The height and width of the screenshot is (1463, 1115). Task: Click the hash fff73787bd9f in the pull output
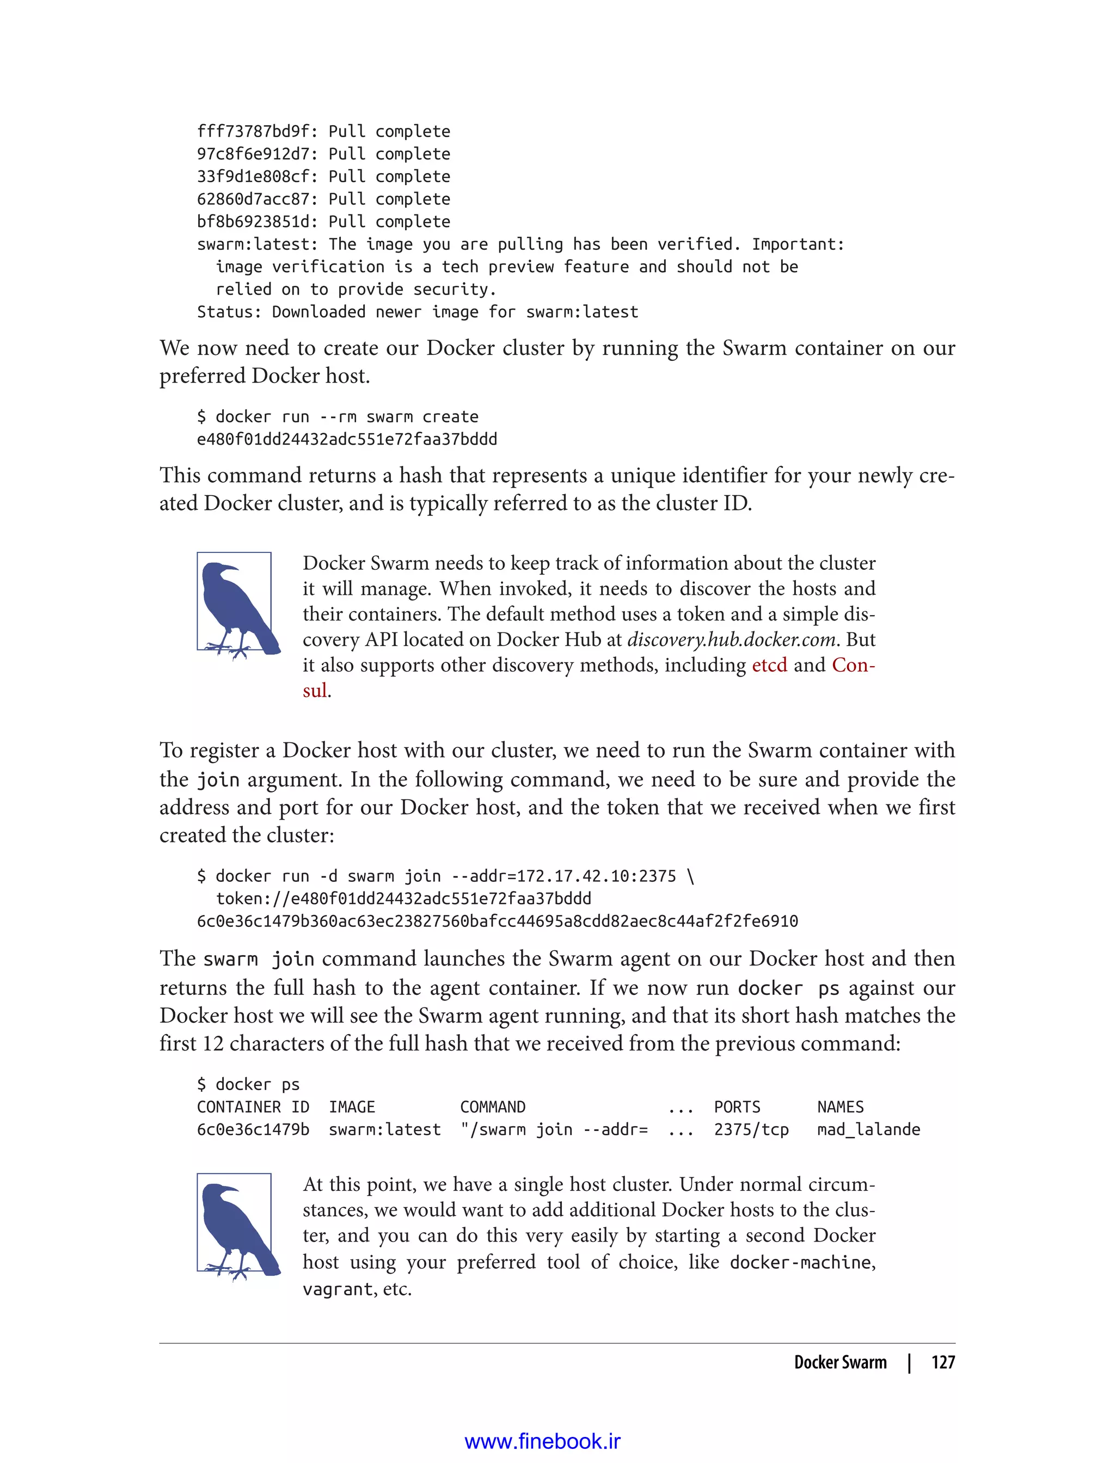pos(253,131)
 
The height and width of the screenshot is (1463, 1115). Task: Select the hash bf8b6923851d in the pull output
pos(253,222)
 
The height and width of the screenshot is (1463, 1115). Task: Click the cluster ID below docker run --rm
pos(346,439)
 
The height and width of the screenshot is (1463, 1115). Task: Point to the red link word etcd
pos(769,665)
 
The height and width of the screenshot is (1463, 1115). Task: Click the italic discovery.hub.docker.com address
pos(731,640)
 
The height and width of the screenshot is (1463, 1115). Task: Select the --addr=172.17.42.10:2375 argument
pos(563,876)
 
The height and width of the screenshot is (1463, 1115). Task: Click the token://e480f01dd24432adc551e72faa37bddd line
pos(403,899)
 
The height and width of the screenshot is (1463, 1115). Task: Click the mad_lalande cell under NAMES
pos(868,1129)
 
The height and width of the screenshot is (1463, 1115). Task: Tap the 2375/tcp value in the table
pos(751,1129)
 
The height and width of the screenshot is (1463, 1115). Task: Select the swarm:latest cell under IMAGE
pos(384,1129)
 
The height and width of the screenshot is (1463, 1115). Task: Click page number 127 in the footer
pos(942,1363)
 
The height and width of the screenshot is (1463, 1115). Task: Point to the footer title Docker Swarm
pos(840,1363)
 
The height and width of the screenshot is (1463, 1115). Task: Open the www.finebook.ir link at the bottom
pos(542,1441)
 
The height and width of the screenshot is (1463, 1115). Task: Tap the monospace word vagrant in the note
pos(337,1289)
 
